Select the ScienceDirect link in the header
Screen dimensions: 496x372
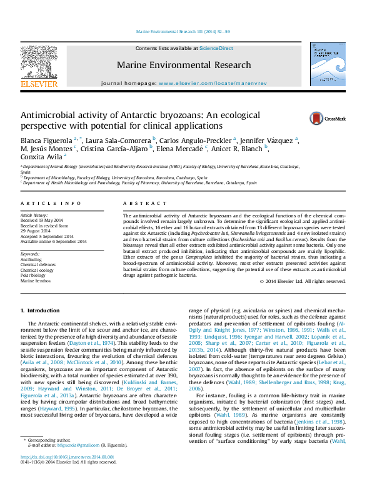(216, 48)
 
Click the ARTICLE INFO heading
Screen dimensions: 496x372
(42, 204)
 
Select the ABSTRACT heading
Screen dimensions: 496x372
(136, 204)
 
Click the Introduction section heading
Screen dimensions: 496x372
(43, 310)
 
